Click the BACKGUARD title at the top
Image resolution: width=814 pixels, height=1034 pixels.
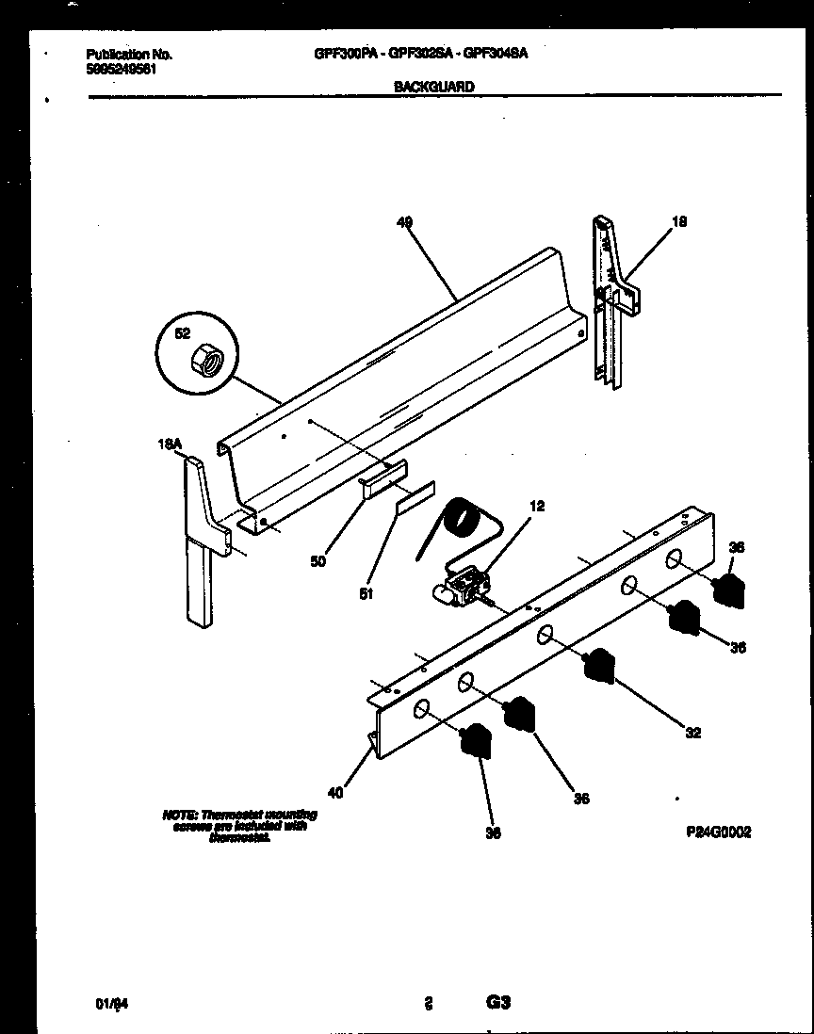(433, 86)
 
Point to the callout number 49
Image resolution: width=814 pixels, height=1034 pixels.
(404, 222)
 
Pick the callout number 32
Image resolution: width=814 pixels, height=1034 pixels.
(692, 733)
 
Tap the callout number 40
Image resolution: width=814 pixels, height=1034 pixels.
(336, 792)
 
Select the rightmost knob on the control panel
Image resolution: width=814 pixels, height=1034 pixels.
(728, 591)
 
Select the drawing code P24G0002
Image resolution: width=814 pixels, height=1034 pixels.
(718, 832)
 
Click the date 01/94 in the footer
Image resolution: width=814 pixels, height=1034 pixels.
(111, 1004)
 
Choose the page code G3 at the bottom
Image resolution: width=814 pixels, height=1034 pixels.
(498, 1002)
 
